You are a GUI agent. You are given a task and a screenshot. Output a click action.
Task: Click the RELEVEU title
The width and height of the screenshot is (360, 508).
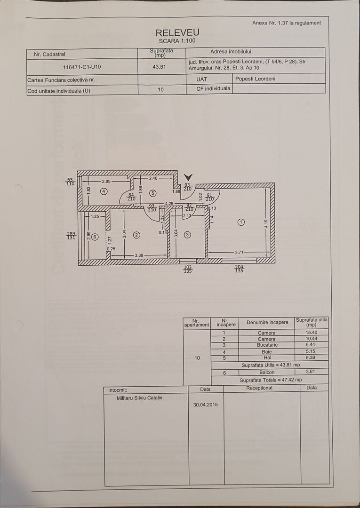click(x=177, y=32)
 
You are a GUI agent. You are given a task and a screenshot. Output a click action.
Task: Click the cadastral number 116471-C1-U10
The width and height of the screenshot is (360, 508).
click(x=82, y=67)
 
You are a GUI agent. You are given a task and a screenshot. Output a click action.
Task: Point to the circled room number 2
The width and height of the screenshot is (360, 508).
click(x=136, y=235)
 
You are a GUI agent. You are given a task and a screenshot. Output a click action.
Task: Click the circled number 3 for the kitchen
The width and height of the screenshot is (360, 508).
click(x=187, y=235)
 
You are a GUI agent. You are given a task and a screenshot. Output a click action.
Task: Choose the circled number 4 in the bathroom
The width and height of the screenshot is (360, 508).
click(x=104, y=191)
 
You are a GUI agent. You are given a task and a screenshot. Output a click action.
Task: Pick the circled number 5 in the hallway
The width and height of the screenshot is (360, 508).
click(x=152, y=192)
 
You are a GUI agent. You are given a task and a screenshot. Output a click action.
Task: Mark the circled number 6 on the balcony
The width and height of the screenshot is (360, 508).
click(x=95, y=237)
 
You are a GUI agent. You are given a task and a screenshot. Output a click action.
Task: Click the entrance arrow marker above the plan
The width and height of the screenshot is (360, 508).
click(x=188, y=177)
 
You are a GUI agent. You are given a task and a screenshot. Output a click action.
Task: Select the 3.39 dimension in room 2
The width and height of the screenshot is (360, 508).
click(x=139, y=255)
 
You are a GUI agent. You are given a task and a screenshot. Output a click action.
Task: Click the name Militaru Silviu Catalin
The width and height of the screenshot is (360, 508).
click(x=140, y=397)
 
